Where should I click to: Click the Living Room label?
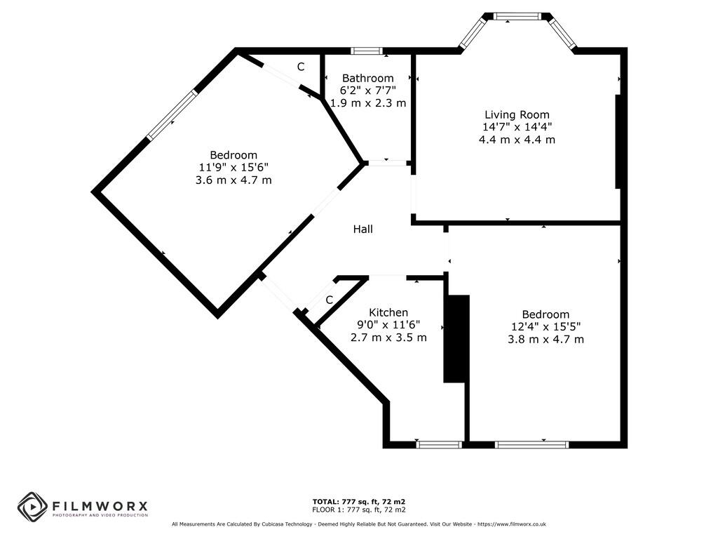[x=517, y=114]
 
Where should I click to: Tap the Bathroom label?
[x=367, y=78]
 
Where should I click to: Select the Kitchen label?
[x=388, y=312]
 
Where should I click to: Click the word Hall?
[x=363, y=229]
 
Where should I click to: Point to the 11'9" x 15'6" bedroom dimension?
[x=233, y=167]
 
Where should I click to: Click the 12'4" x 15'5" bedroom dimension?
[x=546, y=326]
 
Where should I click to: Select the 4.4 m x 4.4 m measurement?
[x=517, y=139]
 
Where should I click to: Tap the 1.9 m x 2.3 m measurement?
[x=368, y=102]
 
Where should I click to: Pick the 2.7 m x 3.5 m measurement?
[x=388, y=337]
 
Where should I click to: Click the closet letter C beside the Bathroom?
[x=300, y=67]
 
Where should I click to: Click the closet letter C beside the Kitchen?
[x=328, y=300]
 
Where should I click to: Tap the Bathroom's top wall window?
[x=367, y=51]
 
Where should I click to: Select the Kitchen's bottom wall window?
[x=439, y=444]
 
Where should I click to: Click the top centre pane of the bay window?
[x=517, y=16]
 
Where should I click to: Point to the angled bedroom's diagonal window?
[x=172, y=114]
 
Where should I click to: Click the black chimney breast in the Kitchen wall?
[x=456, y=338]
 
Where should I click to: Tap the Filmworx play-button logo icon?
[x=32, y=506]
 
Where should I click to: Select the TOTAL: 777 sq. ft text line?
[x=359, y=501]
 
